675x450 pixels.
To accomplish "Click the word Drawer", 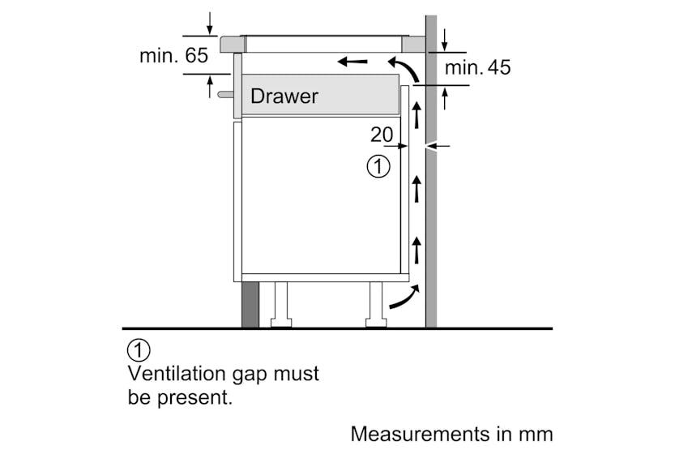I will (x=284, y=96).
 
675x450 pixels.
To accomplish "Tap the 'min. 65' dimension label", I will (x=173, y=56).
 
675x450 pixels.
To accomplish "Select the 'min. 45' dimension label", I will (x=478, y=67).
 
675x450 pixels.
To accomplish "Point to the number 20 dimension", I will (x=382, y=135).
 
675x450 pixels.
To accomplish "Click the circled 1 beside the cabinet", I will (x=378, y=167).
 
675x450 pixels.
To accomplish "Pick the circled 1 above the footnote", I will (x=139, y=351).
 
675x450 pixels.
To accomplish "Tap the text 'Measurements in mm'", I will (x=451, y=434).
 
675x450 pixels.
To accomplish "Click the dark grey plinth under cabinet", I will (x=250, y=305).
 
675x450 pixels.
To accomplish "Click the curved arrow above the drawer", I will (x=404, y=68).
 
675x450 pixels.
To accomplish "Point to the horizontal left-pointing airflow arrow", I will (x=352, y=61).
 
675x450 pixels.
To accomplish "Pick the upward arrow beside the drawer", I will (x=417, y=114).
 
